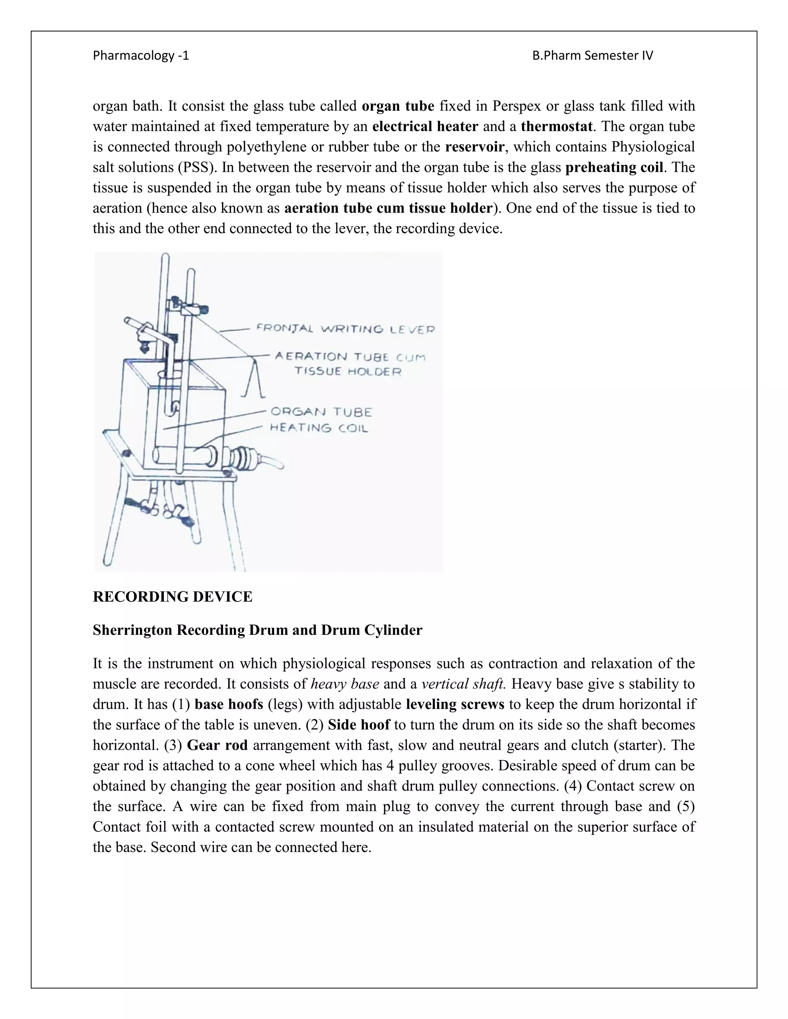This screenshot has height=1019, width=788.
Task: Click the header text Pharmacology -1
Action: [140, 55]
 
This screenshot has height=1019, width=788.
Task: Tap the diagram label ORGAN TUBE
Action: [321, 412]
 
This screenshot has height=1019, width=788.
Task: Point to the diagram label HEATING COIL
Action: [319, 428]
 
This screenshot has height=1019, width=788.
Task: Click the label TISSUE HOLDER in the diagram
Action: [348, 371]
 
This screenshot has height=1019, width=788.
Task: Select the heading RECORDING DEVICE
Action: [172, 596]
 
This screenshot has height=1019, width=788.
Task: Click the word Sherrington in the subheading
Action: [133, 630]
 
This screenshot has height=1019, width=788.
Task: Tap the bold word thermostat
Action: [556, 127]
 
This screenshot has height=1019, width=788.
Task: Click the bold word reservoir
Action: [474, 147]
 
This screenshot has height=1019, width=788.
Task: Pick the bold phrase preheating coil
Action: [614, 168]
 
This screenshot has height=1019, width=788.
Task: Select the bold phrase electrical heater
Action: [425, 127]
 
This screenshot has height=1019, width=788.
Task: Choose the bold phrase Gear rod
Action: [217, 745]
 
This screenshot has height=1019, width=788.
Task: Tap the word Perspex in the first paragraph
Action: [517, 107]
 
